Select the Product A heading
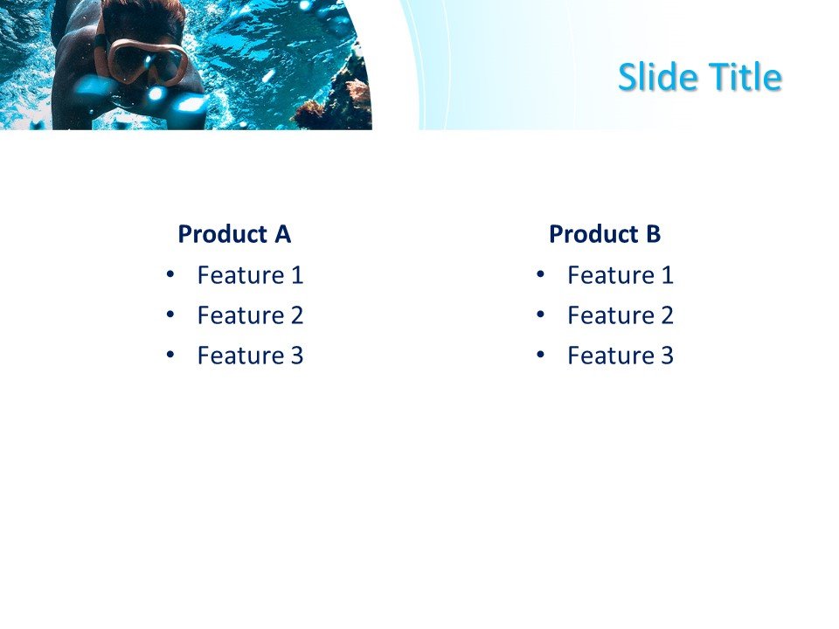tap(233, 234)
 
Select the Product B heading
tap(605, 234)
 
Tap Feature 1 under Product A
tap(250, 275)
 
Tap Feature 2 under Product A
tap(250, 315)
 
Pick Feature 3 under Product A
tap(250, 356)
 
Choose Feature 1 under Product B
tap(621, 275)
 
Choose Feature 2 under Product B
tap(621, 315)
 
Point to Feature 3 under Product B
tap(621, 356)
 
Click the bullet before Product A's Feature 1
tap(170, 275)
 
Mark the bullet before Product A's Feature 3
tap(170, 356)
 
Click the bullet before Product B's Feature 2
tap(540, 314)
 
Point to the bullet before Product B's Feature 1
tap(540, 275)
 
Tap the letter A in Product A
tap(282, 234)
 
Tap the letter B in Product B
tap(653, 234)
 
